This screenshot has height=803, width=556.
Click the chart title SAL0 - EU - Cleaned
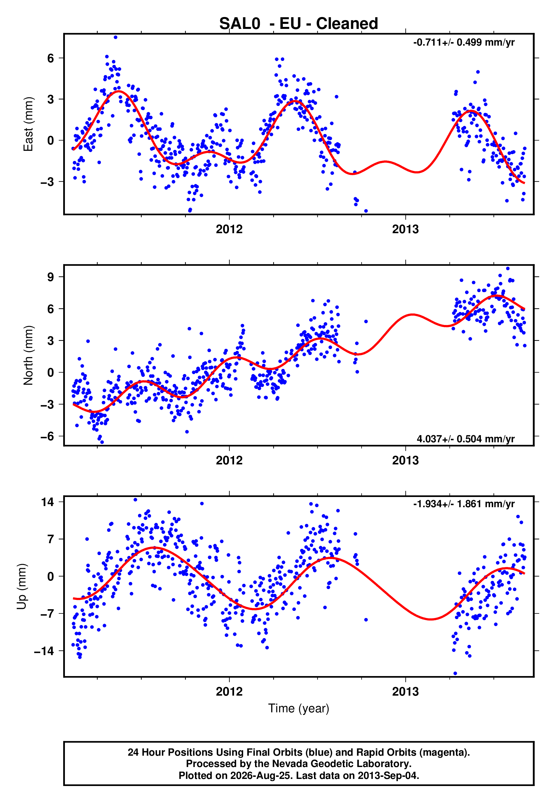[299, 24]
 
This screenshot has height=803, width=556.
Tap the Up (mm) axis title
[22, 587]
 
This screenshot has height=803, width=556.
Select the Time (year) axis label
[299, 708]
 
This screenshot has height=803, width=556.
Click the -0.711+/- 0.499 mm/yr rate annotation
[464, 43]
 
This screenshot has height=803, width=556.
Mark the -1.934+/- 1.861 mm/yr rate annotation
[464, 504]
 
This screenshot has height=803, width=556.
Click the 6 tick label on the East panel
[51, 58]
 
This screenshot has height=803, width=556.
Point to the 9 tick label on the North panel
[51, 277]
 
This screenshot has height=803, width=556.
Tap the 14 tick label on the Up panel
[47, 502]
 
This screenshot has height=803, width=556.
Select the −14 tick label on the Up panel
[44, 651]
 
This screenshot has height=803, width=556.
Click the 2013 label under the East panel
[405, 229]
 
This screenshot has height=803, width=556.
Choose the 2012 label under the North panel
[229, 460]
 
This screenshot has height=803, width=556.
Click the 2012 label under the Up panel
[229, 692]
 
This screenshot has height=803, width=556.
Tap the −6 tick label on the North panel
[47, 436]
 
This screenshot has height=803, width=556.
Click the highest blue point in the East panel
[116, 37]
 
